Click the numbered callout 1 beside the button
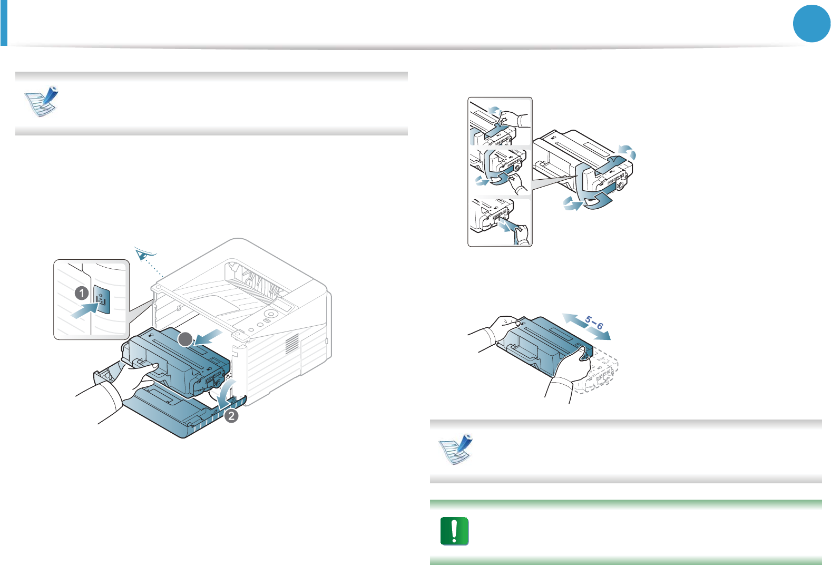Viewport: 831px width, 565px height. pyautogui.click(x=82, y=293)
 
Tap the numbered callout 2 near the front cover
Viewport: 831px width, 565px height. pyautogui.click(x=231, y=416)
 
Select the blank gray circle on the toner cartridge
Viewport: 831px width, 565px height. pyautogui.click(x=184, y=339)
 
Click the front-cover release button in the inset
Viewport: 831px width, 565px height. pyautogui.click(x=102, y=301)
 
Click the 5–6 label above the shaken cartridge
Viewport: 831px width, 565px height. pyautogui.click(x=594, y=322)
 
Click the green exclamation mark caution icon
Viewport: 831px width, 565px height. pyautogui.click(x=454, y=531)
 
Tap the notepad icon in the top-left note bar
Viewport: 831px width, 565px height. pyautogui.click(x=42, y=101)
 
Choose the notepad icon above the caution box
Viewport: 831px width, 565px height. pyautogui.click(x=456, y=450)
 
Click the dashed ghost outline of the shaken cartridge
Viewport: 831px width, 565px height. pyautogui.click(x=601, y=374)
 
